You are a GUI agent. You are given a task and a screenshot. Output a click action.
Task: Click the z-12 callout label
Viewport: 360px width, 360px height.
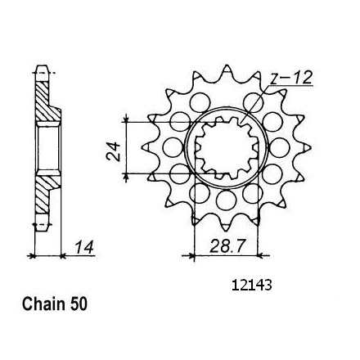point(291,79)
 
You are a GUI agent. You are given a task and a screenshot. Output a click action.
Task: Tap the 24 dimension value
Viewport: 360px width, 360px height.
point(114,151)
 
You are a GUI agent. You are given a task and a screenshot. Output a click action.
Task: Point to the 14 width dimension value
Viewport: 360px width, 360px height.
point(84,247)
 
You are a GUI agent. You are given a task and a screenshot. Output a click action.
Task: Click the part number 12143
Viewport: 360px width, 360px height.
point(252,286)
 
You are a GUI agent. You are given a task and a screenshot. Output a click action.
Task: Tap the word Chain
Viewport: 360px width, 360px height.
point(44,304)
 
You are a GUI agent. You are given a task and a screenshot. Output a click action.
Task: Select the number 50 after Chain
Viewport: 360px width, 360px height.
point(79,304)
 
